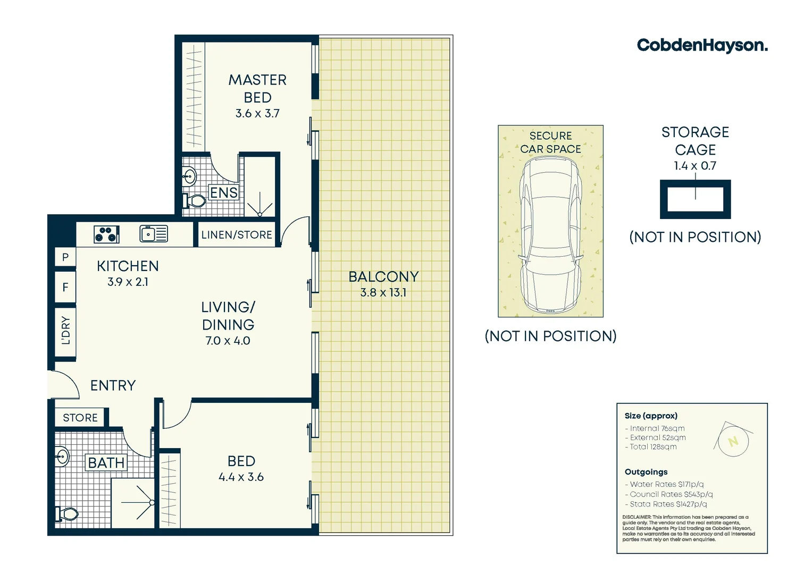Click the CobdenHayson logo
pyautogui.click(x=702, y=45)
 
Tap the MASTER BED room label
pyautogui.click(x=257, y=89)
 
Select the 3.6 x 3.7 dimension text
pyautogui.click(x=257, y=113)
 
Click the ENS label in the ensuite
pyautogui.click(x=224, y=192)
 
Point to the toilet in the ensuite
pyautogui.click(x=194, y=201)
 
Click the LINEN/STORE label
pyautogui.click(x=237, y=235)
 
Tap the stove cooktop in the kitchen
pyautogui.click(x=106, y=234)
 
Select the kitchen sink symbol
pyautogui.click(x=154, y=234)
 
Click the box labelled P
pyautogui.click(x=65, y=257)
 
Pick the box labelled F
pyautogui.click(x=65, y=288)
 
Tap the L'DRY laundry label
pyautogui.click(x=65, y=331)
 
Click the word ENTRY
pyautogui.click(x=113, y=385)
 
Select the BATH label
pyautogui.click(x=106, y=463)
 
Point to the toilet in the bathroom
pyautogui.click(x=66, y=514)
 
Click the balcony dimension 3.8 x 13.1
pyautogui.click(x=383, y=292)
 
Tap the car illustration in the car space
pyautogui.click(x=550, y=237)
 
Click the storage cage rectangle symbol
pyautogui.click(x=695, y=199)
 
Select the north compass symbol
pyautogui.click(x=733, y=441)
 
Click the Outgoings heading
pyautogui.click(x=646, y=472)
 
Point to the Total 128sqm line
pyautogui.click(x=653, y=447)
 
